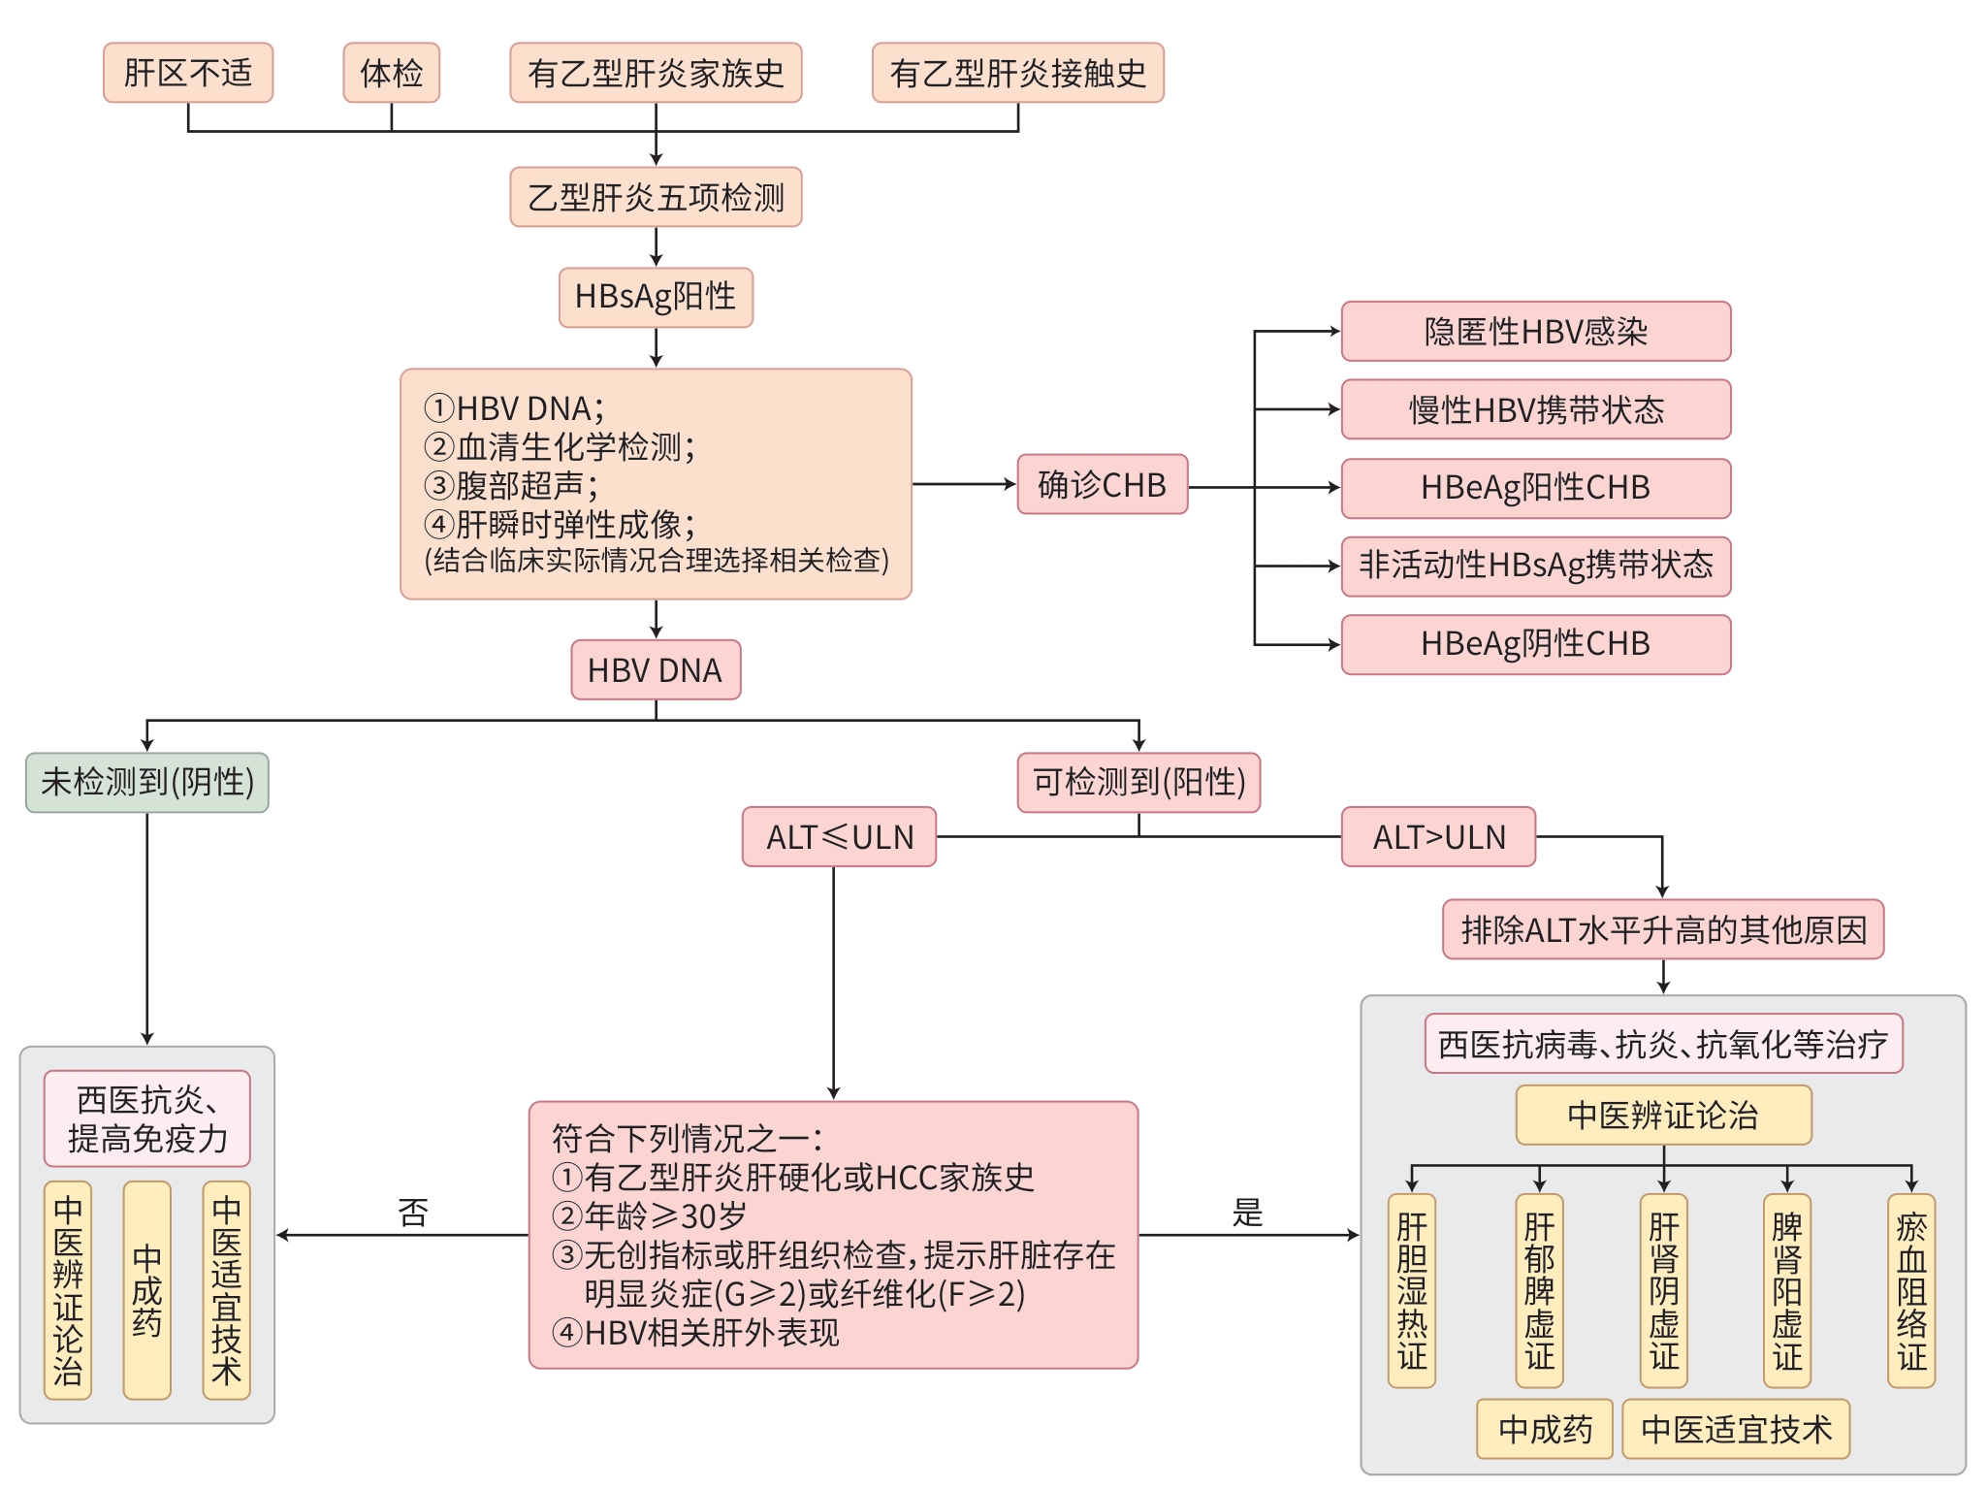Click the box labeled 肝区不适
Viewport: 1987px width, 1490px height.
coord(188,73)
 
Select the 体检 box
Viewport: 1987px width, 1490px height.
coord(392,73)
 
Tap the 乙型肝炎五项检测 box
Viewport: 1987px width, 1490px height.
coord(656,198)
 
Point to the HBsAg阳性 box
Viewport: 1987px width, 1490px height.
coord(656,297)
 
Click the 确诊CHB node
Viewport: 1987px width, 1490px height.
coord(1102,484)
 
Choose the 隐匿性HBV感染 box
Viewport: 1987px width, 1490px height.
coord(1535,332)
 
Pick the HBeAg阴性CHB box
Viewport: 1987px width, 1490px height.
coord(1535,644)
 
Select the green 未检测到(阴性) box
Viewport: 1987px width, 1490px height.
coord(147,782)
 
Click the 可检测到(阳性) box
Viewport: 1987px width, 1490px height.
coord(1138,782)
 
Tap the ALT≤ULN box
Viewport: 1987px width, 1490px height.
coord(839,837)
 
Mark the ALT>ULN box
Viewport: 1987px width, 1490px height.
coord(1438,837)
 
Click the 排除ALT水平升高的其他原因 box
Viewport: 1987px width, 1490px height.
coord(1662,930)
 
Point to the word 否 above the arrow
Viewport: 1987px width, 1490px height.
coord(413,1213)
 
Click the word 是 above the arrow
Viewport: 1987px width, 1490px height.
coord(1247,1213)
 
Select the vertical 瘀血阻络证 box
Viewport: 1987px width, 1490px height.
coord(1910,1290)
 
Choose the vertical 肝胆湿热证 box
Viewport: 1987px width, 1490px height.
coord(1412,1290)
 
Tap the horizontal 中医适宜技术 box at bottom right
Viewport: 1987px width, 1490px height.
coord(1736,1429)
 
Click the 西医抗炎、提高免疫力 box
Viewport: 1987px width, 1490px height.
coord(147,1118)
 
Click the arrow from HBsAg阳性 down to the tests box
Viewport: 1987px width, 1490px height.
coord(657,347)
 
